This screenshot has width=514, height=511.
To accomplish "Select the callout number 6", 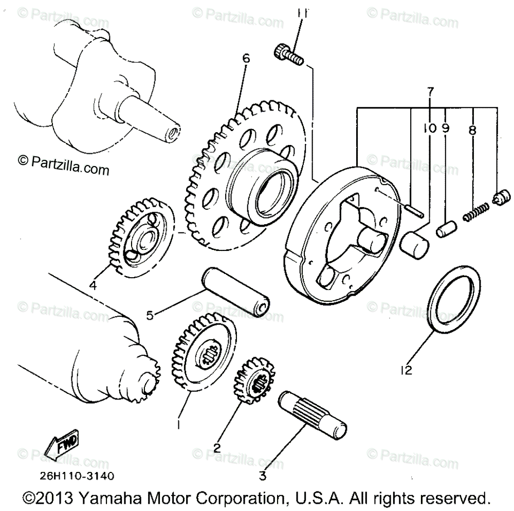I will pos(246,59).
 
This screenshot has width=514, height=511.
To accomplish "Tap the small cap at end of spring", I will pos(502,197).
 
